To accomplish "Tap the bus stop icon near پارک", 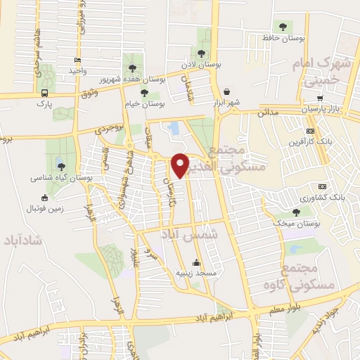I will coord(45,93).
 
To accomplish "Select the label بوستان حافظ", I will coord(282,37).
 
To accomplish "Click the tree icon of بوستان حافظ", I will coord(283,27).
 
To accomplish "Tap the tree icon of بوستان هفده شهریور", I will coord(132,68).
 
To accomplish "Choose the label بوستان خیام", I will coord(145,103).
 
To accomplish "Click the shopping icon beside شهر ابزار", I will coord(226,91).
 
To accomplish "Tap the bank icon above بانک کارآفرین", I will coord(310,131).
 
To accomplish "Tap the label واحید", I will coord(77,72).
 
